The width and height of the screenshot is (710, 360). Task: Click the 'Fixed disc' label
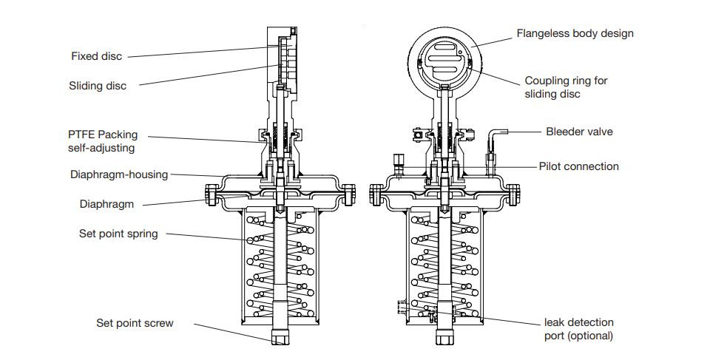click(x=96, y=56)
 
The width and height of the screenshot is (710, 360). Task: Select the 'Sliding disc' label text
click(x=98, y=86)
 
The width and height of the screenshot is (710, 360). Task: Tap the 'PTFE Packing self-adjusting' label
click(x=102, y=141)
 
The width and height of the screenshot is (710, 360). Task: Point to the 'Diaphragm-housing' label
click(x=119, y=175)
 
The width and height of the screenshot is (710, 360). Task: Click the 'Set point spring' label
click(x=118, y=234)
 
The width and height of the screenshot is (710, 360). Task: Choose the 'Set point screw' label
click(x=135, y=323)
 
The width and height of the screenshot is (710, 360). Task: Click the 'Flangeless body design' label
click(x=575, y=33)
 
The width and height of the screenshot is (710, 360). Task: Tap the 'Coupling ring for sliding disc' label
click(x=566, y=87)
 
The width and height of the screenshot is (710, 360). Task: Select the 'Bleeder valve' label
click(x=579, y=132)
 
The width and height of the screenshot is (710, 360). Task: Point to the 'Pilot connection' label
click(x=578, y=166)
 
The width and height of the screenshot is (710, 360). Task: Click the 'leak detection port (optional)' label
click(x=578, y=329)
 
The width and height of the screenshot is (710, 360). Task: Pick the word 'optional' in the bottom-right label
click(x=592, y=336)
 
